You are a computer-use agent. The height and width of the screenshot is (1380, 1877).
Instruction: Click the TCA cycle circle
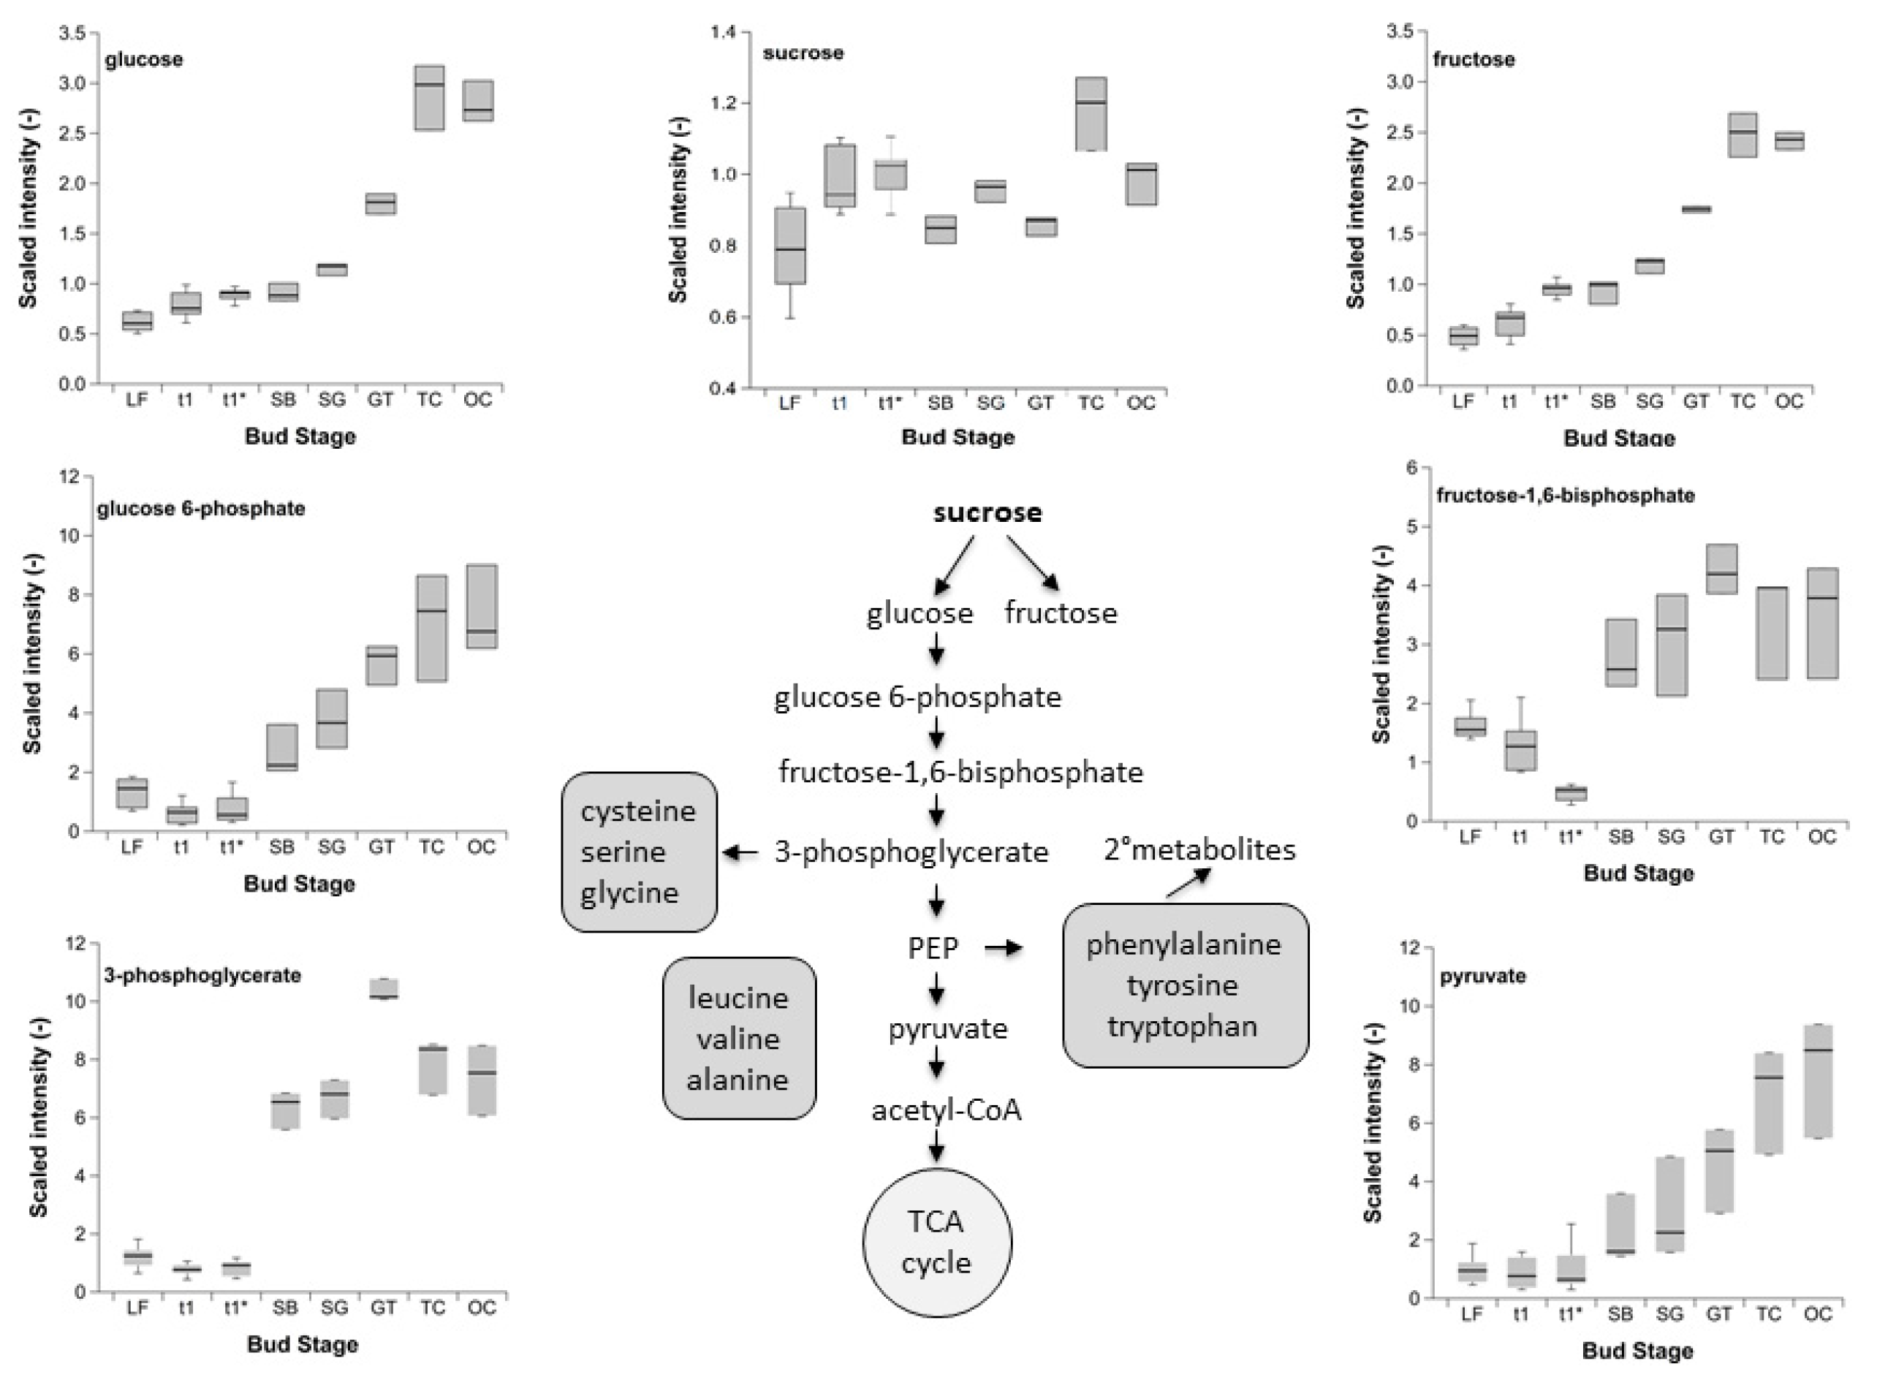pyautogui.click(x=936, y=1242)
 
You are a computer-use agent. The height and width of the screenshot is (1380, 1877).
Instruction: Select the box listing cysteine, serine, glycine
pyautogui.click(x=639, y=852)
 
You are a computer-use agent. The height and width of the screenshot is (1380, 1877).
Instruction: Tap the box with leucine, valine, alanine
pyautogui.click(x=738, y=1039)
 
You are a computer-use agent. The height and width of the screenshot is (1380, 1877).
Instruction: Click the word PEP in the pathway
pyautogui.click(x=933, y=948)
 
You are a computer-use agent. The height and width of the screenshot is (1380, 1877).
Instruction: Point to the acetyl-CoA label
pyautogui.click(x=947, y=1110)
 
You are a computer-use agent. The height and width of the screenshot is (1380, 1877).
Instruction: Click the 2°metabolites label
pyautogui.click(x=1199, y=849)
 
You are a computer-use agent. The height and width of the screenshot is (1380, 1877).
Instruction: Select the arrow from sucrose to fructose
pyautogui.click(x=1033, y=564)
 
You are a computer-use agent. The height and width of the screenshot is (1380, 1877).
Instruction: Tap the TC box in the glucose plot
pyautogui.click(x=429, y=98)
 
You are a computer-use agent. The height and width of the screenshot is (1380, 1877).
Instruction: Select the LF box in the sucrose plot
pyautogui.click(x=789, y=246)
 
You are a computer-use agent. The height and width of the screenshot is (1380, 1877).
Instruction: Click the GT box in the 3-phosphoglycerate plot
pyautogui.click(x=384, y=989)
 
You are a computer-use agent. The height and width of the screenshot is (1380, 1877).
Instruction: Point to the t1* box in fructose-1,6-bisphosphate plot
pyautogui.click(x=1571, y=793)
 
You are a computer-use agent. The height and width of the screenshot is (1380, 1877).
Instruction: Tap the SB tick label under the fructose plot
pyautogui.click(x=1603, y=402)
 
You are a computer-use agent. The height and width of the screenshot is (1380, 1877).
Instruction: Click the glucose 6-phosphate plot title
pyautogui.click(x=200, y=509)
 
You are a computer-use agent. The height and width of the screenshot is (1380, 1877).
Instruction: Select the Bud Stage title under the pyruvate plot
pyautogui.click(x=1637, y=1351)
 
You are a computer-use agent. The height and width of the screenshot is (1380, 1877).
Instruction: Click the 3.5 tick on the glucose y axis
pyautogui.click(x=72, y=34)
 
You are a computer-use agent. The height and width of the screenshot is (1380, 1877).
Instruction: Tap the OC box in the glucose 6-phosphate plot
pyautogui.click(x=482, y=607)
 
